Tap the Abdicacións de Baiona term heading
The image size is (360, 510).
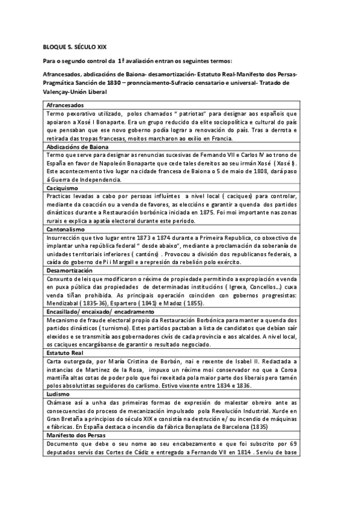coord(79,146)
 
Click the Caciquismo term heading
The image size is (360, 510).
coord(63,188)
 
